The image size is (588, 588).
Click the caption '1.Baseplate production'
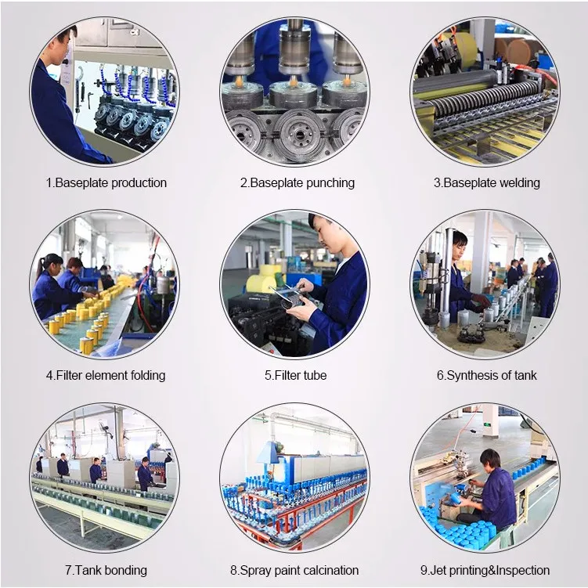(x=106, y=183)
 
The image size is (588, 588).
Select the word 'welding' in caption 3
(x=519, y=183)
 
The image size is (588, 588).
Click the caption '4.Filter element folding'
(x=106, y=375)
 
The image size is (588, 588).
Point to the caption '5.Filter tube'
(x=295, y=375)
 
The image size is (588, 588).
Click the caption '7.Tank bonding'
(x=106, y=570)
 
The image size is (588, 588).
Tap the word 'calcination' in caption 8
(x=330, y=570)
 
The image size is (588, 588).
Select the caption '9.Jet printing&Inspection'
(x=485, y=570)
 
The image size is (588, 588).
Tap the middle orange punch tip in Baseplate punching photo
(x=294, y=80)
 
